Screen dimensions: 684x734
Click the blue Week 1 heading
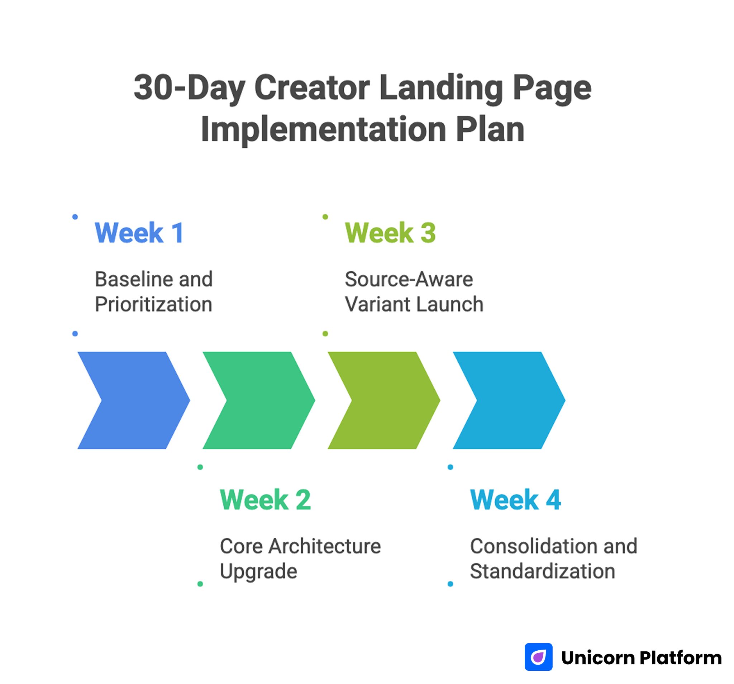point(139,233)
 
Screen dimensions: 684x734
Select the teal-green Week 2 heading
point(265,500)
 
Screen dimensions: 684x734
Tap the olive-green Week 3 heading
point(390,233)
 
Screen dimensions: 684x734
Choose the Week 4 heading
point(515,500)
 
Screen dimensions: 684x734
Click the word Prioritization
point(153,305)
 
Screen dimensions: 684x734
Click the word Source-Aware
point(408,279)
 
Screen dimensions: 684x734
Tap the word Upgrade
point(258,571)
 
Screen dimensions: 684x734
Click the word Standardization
point(542,571)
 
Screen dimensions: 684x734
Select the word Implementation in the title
point(323,129)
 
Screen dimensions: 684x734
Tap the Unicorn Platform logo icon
point(538,657)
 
